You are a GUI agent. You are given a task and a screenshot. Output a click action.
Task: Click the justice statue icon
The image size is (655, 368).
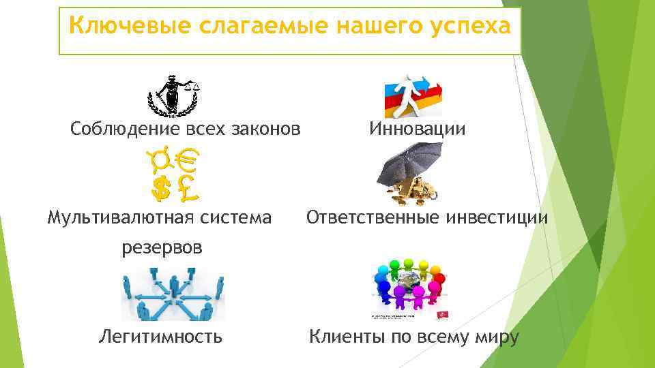coord(174,95)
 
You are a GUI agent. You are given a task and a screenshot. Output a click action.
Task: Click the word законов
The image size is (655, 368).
coord(263,128)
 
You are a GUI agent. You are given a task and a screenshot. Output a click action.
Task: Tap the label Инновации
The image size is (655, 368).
coord(417,128)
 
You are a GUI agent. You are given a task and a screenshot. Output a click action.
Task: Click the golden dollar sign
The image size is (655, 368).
coord(161,187)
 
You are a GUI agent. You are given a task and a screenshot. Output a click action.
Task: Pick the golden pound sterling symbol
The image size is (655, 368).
coord(186,187)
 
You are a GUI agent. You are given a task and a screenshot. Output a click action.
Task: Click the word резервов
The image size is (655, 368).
coord(162,247)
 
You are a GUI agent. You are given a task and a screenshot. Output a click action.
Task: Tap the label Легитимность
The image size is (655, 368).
coord(160,336)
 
